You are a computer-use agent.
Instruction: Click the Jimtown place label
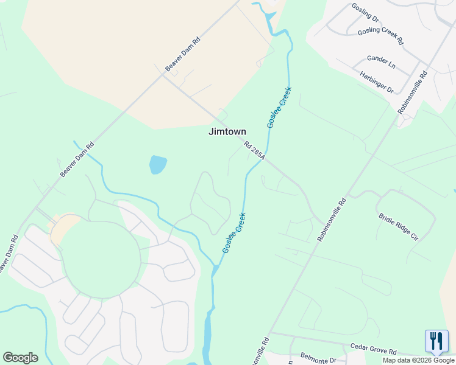click(227, 131)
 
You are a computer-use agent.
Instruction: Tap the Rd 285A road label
click(255, 151)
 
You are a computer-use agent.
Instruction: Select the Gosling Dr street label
click(365, 12)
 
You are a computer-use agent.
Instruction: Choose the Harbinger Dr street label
click(377, 82)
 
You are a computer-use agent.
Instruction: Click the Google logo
click(20, 358)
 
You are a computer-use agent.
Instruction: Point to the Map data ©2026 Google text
click(418, 360)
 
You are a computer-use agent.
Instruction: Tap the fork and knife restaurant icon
click(436, 341)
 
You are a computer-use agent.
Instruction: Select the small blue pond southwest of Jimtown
click(157, 164)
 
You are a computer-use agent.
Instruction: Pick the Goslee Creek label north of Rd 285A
click(279, 107)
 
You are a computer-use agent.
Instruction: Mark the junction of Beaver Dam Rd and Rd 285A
click(163, 75)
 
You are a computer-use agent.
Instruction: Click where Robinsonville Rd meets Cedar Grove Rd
click(269, 333)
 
